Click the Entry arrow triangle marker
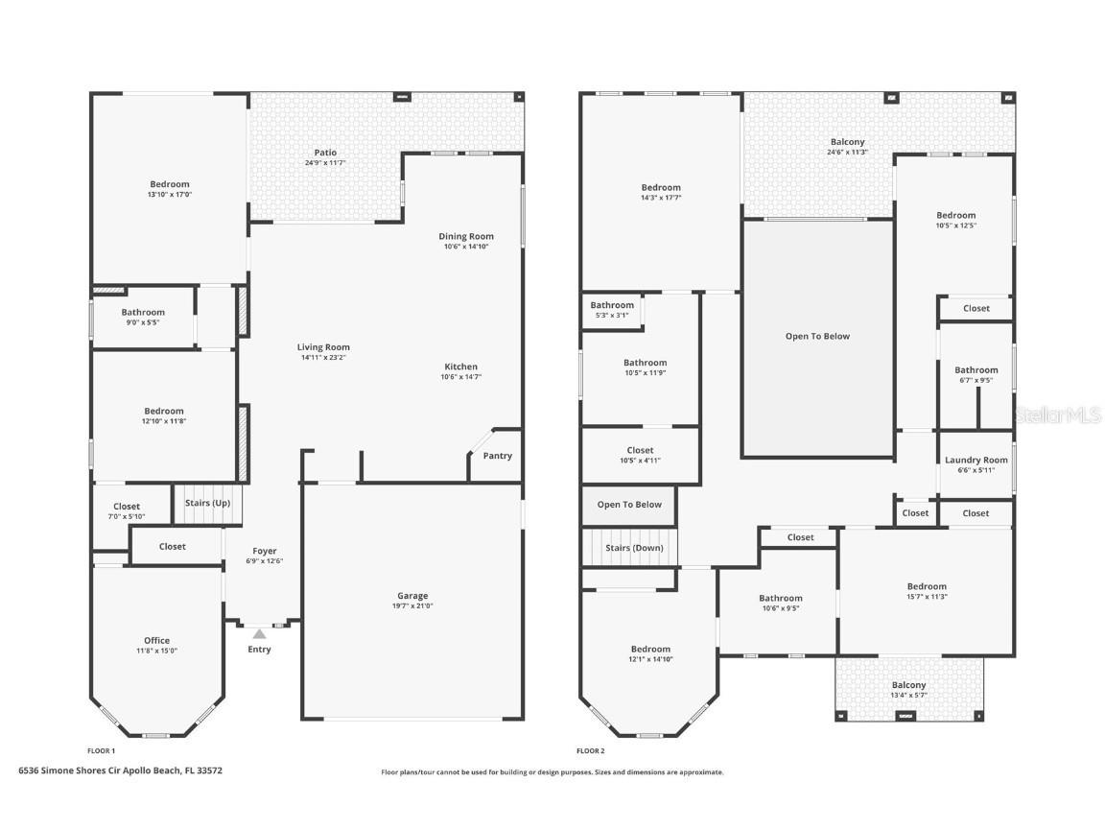(x=259, y=633)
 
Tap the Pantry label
(x=497, y=456)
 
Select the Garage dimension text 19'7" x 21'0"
(x=412, y=605)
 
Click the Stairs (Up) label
(x=207, y=503)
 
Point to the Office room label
(x=156, y=640)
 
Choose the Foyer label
(x=264, y=551)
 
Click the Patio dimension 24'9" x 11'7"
(x=325, y=163)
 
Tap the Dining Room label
(x=466, y=236)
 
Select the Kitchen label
(x=460, y=367)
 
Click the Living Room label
(x=323, y=347)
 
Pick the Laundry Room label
(x=976, y=460)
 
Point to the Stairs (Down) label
(x=633, y=548)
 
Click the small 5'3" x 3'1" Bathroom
(x=612, y=310)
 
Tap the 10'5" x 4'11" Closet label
(x=640, y=450)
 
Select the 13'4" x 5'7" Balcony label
(x=908, y=685)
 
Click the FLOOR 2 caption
(x=590, y=751)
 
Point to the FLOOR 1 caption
(x=101, y=751)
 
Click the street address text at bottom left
(x=121, y=770)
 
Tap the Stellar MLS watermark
(x=1059, y=415)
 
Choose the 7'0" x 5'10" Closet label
(x=126, y=507)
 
